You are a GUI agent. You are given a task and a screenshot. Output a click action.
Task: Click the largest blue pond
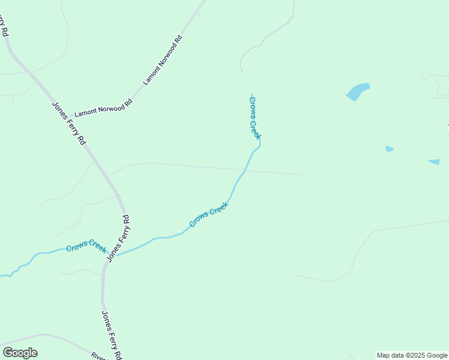(x=358, y=92)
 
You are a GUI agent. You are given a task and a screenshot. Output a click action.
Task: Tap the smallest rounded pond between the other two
(x=389, y=148)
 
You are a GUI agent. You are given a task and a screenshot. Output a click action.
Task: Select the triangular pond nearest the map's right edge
(x=434, y=161)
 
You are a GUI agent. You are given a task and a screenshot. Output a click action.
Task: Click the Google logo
(x=20, y=353)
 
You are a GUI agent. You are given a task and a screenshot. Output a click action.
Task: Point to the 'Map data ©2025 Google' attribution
(x=412, y=355)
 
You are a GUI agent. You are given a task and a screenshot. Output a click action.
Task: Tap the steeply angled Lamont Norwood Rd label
(x=162, y=60)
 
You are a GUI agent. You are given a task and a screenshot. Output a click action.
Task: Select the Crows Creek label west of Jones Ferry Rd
(x=86, y=246)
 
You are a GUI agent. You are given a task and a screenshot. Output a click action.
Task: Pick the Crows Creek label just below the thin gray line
(x=209, y=214)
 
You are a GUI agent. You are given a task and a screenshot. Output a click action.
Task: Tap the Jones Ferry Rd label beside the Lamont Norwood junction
(x=68, y=123)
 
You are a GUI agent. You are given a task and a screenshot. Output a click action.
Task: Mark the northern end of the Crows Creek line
(x=252, y=94)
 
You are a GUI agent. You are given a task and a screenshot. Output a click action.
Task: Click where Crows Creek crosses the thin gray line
(x=246, y=171)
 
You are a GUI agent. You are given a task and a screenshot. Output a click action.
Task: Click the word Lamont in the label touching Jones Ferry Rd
(x=86, y=112)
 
